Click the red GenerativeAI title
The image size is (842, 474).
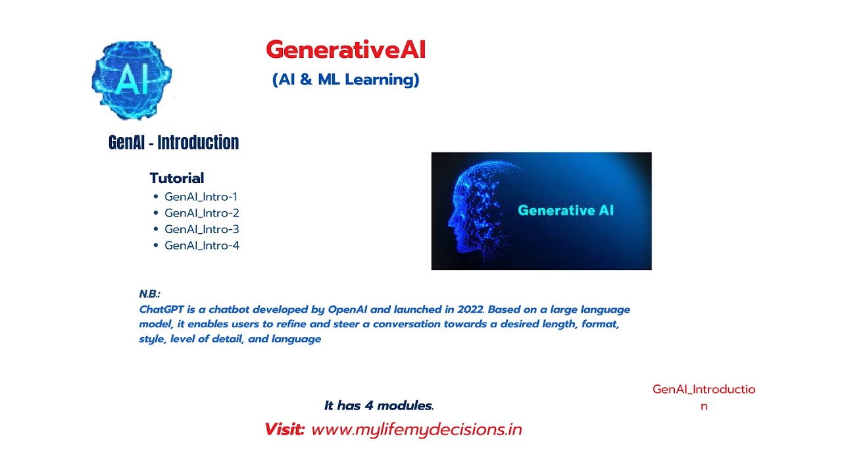coord(345,50)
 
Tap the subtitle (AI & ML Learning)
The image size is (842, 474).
coord(345,80)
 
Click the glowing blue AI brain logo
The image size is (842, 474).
coord(132,80)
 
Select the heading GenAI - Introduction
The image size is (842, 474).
coord(174,142)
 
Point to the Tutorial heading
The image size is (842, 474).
coord(176,178)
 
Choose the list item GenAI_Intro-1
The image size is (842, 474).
coord(201,196)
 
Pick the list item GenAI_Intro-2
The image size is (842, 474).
coord(201,213)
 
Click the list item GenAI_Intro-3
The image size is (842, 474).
coord(201,229)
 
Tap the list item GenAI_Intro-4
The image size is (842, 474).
coord(201,246)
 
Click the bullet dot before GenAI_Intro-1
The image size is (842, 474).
coord(156,196)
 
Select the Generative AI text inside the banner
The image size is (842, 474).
coord(566,211)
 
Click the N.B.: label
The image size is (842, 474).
coord(149,294)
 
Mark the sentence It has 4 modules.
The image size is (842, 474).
coord(379,406)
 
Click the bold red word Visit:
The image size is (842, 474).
coord(284,429)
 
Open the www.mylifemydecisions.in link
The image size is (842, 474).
coord(416,429)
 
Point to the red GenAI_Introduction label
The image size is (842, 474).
coord(704,397)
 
